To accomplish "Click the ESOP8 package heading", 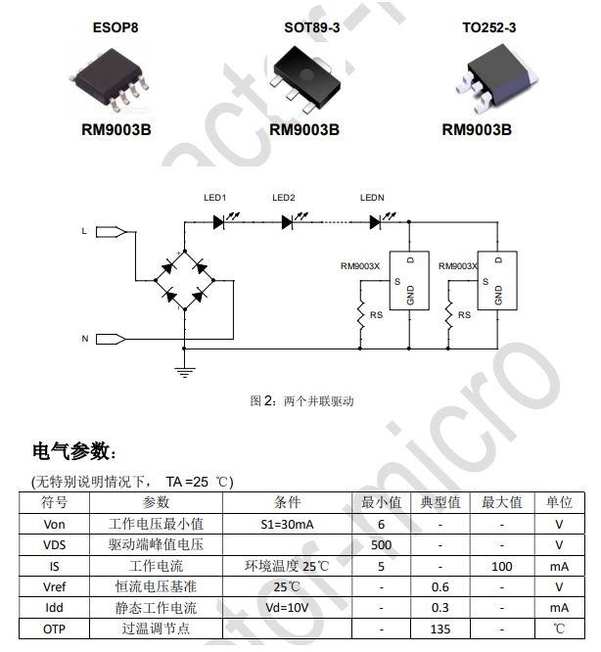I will [x=115, y=27].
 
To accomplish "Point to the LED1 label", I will [x=214, y=198].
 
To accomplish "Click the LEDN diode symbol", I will [x=375, y=222].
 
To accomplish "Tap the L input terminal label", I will [x=85, y=231].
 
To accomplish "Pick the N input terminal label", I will [x=85, y=339].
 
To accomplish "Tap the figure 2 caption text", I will [x=301, y=401].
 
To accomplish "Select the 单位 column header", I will [x=559, y=502].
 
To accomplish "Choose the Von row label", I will [x=54, y=524].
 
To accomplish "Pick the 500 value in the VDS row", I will [x=382, y=544].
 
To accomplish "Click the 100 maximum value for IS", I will [x=501, y=566].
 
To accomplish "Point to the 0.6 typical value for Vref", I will [x=440, y=587].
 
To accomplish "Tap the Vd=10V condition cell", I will [x=288, y=608].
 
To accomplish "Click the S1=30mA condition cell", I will [x=288, y=524].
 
